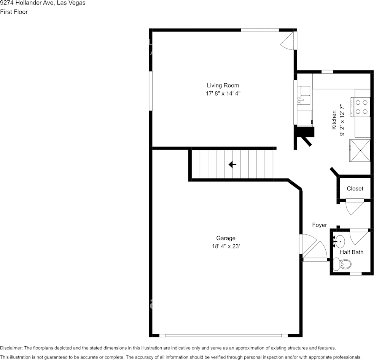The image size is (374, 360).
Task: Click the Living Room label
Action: point(223,85)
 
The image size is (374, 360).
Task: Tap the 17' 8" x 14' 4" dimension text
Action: point(223,93)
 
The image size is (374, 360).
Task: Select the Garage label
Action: point(226,238)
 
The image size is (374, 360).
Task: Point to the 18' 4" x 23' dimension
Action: point(226,246)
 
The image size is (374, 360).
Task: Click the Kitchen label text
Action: point(334,120)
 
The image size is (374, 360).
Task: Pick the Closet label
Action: point(355,188)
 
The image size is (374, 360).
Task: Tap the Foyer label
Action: point(319,225)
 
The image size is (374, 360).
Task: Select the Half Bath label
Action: point(351,252)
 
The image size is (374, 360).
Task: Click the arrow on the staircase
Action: point(232,164)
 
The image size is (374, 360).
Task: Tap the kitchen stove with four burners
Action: point(362,107)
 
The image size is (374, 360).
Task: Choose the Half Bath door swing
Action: point(358,236)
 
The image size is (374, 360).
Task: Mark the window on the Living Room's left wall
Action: point(151,91)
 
